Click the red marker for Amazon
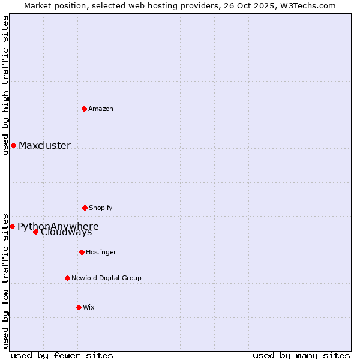[x=84, y=109]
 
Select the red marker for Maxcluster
[x=13, y=145]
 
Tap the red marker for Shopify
[x=85, y=208]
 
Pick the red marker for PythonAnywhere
[x=12, y=226]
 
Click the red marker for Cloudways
[x=35, y=232]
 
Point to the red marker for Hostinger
[x=82, y=252]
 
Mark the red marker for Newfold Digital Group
[x=67, y=278]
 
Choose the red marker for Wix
[x=79, y=307]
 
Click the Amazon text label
[x=101, y=109]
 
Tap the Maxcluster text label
[x=44, y=145]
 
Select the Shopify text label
[x=101, y=208]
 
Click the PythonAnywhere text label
[x=58, y=226]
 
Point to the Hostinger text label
[x=101, y=252]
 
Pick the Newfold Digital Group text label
[x=106, y=278]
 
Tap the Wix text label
[x=89, y=307]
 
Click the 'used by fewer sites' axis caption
[x=62, y=355]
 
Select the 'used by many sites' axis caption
[x=301, y=355]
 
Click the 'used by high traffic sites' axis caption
[x=5, y=85]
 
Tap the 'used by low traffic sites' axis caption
[x=5, y=280]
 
